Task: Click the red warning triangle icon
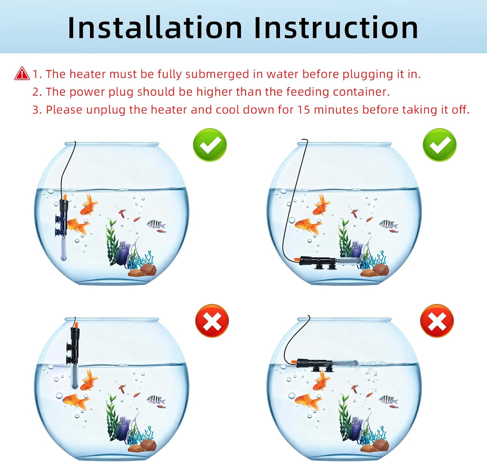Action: pos(22,73)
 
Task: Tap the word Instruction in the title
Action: pos(336,28)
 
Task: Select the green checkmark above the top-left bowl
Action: pos(210,145)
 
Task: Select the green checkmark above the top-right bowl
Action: pos(439,145)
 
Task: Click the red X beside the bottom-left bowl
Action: pos(212,321)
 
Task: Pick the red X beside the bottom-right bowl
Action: pos(437,321)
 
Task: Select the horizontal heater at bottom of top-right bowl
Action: pos(328,261)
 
